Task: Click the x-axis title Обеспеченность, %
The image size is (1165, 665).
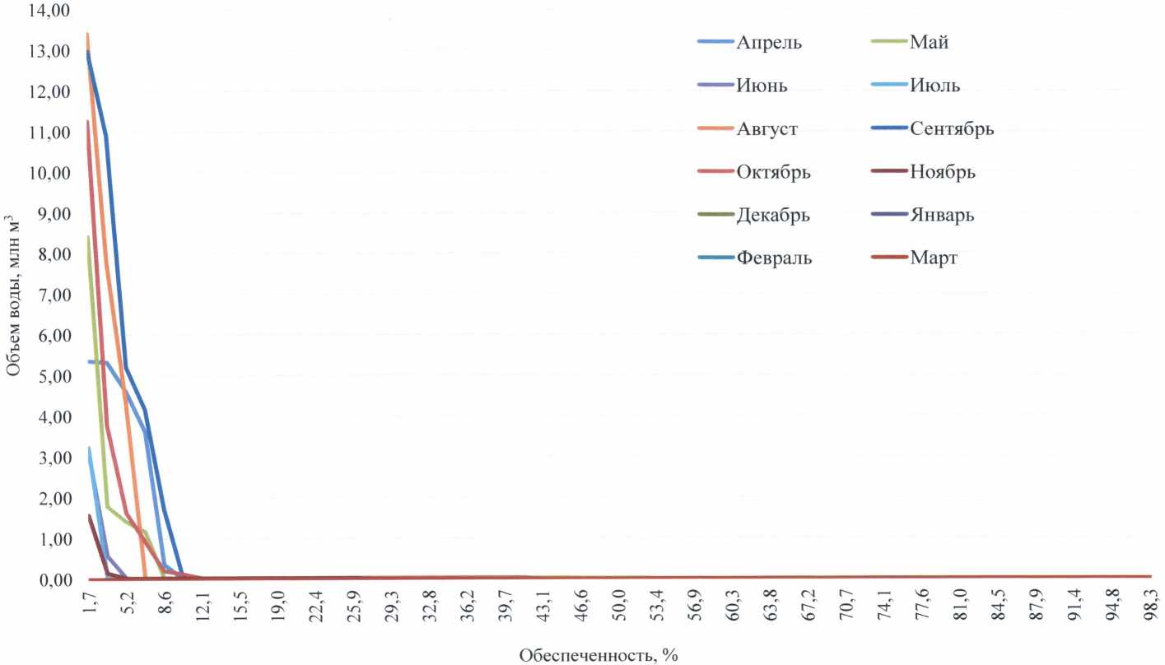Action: tap(599, 655)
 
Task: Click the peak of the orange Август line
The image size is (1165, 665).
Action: tap(87, 35)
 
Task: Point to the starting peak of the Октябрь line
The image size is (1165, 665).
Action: tap(87, 122)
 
